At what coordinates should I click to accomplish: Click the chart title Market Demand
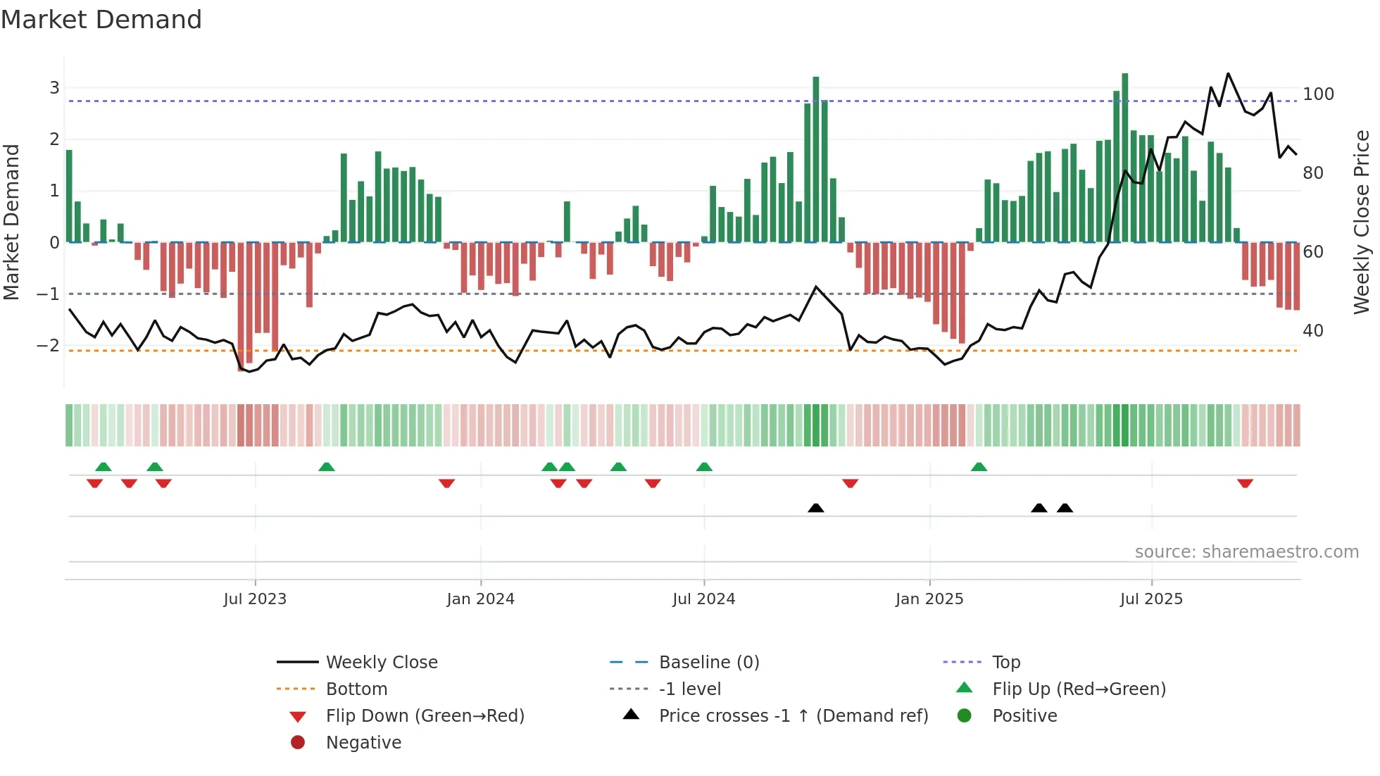pyautogui.click(x=101, y=20)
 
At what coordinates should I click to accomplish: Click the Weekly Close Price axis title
pyautogui.click(x=1361, y=222)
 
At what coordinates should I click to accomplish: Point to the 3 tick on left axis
pyautogui.click(x=54, y=88)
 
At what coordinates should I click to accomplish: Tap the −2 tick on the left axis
pyautogui.click(x=48, y=345)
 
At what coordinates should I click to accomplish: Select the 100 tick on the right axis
pyautogui.click(x=1318, y=94)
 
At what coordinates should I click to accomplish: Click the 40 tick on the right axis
pyautogui.click(x=1312, y=330)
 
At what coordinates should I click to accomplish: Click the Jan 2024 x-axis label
pyautogui.click(x=480, y=599)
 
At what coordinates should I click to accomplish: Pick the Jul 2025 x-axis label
pyautogui.click(x=1151, y=599)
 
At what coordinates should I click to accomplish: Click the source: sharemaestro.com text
pyautogui.click(x=1246, y=552)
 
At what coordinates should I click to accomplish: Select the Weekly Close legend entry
pyautogui.click(x=382, y=662)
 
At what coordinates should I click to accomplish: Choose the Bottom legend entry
pyautogui.click(x=356, y=689)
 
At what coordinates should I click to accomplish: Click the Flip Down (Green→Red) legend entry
pyautogui.click(x=425, y=715)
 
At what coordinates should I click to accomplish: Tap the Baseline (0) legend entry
pyautogui.click(x=709, y=662)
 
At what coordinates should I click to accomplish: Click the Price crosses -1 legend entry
pyautogui.click(x=793, y=715)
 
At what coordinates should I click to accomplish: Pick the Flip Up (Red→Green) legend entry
pyautogui.click(x=1079, y=689)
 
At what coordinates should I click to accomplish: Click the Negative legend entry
pyautogui.click(x=363, y=742)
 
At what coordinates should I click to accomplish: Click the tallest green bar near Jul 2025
pyautogui.click(x=1125, y=158)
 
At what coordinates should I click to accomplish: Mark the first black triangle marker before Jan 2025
pyautogui.click(x=815, y=508)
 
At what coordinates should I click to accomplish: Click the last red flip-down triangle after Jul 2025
pyautogui.click(x=1245, y=484)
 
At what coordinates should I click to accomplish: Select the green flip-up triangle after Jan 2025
pyautogui.click(x=979, y=467)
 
